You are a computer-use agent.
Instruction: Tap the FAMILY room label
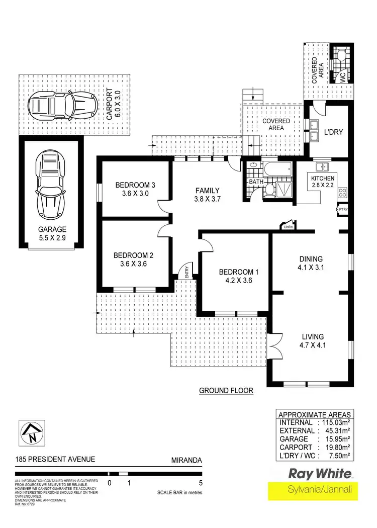207,191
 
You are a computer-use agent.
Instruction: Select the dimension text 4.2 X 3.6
236,281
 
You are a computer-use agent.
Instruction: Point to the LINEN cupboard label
288,227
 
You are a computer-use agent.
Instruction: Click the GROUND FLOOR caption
226,390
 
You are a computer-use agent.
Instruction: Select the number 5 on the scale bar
201,483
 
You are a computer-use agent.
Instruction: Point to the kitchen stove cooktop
343,192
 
